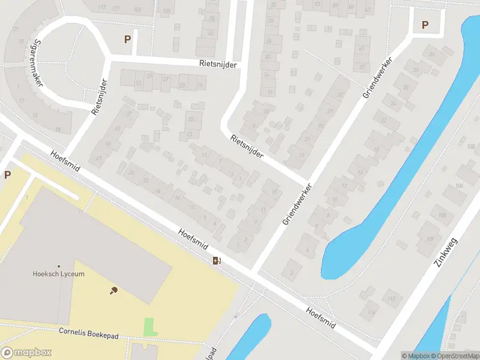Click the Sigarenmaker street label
click(x=30, y=63)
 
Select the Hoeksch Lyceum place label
click(x=58, y=274)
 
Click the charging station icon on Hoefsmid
click(x=217, y=260)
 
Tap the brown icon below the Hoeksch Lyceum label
click(x=113, y=290)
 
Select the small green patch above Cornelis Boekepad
click(x=149, y=327)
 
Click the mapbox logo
click(x=25, y=353)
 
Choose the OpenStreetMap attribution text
click(x=454, y=356)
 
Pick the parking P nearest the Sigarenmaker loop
click(x=127, y=40)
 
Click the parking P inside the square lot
click(x=425, y=25)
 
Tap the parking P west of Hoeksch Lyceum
click(x=7, y=175)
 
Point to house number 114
click(x=372, y=312)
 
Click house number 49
click(x=98, y=158)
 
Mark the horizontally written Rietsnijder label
click(x=218, y=64)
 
